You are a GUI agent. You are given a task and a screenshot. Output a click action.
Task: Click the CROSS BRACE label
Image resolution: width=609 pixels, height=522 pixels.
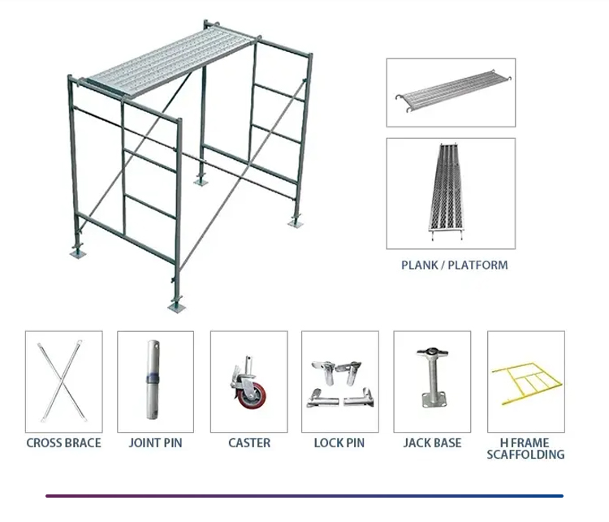[x=63, y=443]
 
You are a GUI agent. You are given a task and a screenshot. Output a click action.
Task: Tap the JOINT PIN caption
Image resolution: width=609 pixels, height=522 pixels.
[x=155, y=443]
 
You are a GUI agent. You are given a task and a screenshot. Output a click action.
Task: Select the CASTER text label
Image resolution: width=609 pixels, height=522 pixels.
[x=248, y=443]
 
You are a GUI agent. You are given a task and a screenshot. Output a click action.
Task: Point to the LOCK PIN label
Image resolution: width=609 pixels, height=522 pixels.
[x=339, y=443]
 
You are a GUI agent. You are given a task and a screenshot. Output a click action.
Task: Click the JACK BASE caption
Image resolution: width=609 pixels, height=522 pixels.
[x=432, y=443]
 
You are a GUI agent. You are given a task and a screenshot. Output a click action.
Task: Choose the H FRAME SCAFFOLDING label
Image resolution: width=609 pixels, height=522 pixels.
[x=525, y=448]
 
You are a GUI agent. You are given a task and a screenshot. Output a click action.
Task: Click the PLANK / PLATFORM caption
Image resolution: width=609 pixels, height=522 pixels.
[x=455, y=265]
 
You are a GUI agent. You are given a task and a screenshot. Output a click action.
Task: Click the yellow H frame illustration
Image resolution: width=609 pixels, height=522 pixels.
[x=525, y=382]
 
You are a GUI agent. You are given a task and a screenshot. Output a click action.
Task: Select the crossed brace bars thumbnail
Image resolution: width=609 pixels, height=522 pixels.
[x=63, y=381]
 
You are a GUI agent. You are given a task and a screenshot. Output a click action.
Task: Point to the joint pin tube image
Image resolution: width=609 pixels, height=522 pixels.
[x=153, y=380]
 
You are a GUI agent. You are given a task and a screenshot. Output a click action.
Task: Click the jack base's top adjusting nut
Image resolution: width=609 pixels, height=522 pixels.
[x=431, y=355]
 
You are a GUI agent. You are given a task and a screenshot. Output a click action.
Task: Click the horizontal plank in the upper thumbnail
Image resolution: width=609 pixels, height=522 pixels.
[x=450, y=93]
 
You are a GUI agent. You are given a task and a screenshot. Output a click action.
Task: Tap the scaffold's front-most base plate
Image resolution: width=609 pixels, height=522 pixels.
[x=175, y=306]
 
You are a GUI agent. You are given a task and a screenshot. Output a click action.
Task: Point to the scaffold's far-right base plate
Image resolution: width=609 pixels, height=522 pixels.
[x=294, y=221]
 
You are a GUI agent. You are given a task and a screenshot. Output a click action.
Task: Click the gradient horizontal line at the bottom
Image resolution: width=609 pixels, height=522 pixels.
[x=304, y=495]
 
